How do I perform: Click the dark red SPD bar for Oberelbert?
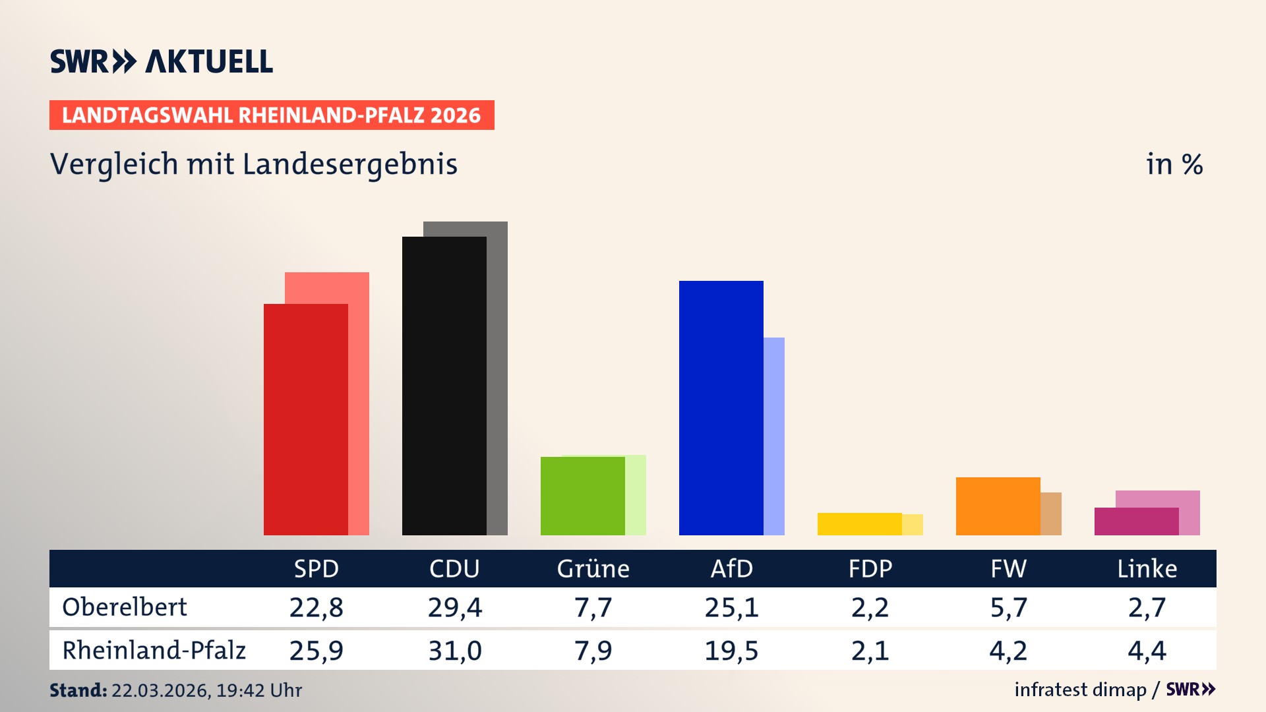[x=305, y=419]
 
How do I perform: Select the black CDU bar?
[x=444, y=386]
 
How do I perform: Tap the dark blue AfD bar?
[x=721, y=407]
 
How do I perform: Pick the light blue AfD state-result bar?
[x=774, y=435]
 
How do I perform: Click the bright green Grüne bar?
[x=582, y=496]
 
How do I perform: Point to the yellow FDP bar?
[x=859, y=524]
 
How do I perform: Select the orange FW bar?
[x=998, y=506]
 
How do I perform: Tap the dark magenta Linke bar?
[x=1136, y=521]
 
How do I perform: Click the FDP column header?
[x=870, y=568]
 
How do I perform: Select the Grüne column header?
[x=593, y=568]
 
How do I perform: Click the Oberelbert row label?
[x=125, y=607]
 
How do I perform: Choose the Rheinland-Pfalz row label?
[x=154, y=651]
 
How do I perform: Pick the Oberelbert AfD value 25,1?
[x=731, y=607]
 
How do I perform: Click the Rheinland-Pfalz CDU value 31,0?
[x=454, y=651]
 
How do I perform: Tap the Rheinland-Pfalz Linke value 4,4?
[x=1147, y=651]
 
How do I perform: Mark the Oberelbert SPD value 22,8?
[x=316, y=607]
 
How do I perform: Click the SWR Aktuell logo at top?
[x=162, y=61]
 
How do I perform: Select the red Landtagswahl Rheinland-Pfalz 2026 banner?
[x=272, y=115]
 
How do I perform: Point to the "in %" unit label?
[x=1174, y=164]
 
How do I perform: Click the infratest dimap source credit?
[x=1080, y=690]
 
